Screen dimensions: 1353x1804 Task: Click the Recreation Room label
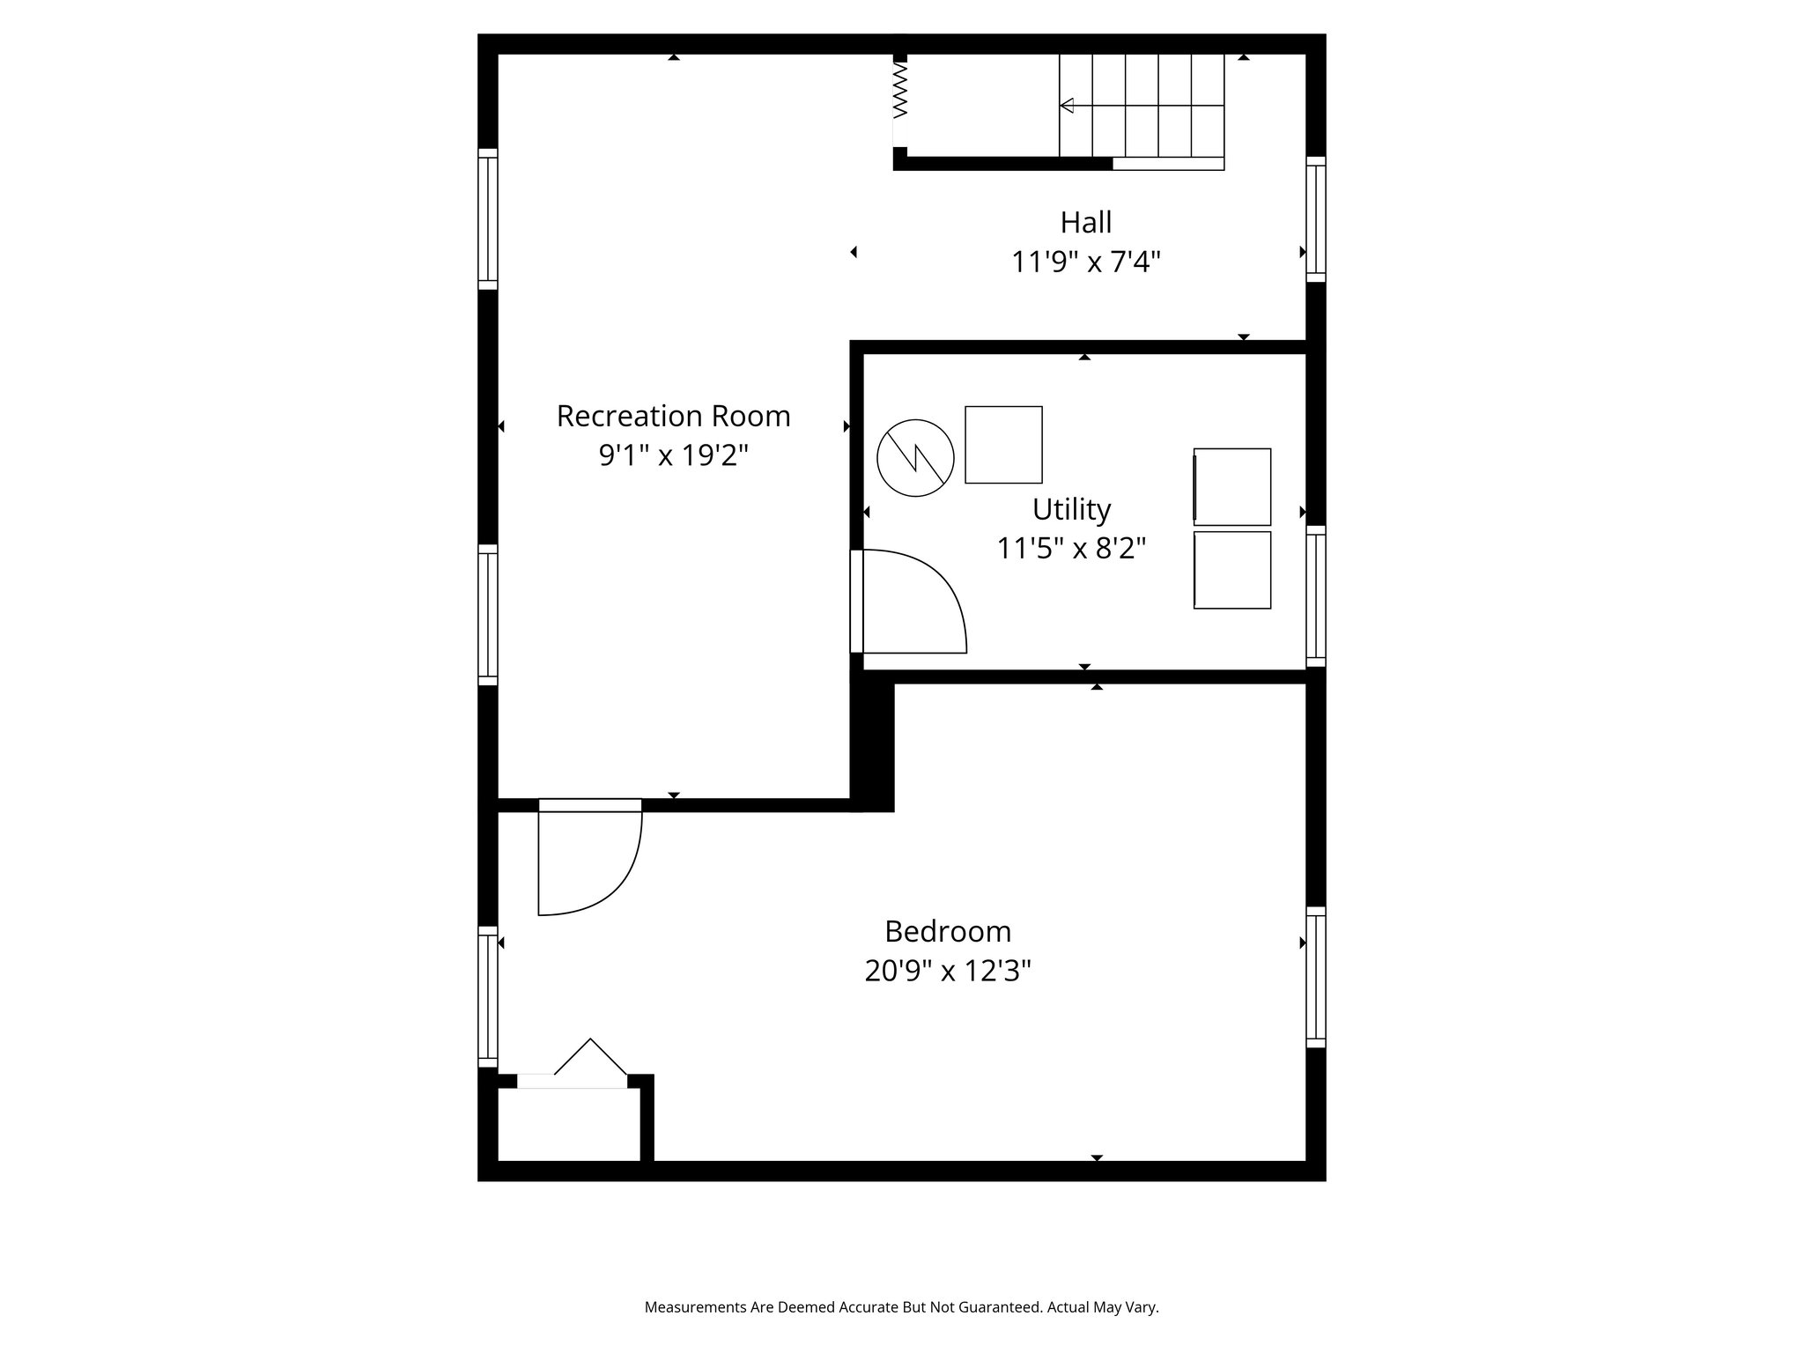click(673, 416)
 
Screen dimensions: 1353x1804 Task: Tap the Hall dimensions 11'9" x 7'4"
click(1085, 262)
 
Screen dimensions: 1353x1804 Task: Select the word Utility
click(1071, 509)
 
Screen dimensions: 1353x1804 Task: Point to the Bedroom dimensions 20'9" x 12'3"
click(947, 971)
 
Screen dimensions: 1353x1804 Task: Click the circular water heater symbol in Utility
click(915, 458)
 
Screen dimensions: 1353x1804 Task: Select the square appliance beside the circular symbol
click(1003, 445)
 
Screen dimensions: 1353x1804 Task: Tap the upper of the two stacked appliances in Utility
click(1232, 487)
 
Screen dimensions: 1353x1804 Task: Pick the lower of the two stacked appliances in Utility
click(1232, 570)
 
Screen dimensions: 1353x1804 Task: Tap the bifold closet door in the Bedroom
click(588, 1062)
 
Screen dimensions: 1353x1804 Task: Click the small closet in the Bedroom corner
click(568, 1125)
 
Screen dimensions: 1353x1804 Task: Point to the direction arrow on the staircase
click(1068, 106)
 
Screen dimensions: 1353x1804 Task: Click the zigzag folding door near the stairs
click(899, 100)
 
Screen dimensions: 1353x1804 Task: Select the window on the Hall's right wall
click(1315, 219)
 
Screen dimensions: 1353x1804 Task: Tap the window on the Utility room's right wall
click(1315, 596)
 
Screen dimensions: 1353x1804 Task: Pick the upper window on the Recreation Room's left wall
click(488, 218)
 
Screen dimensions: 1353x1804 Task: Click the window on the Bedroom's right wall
click(1315, 977)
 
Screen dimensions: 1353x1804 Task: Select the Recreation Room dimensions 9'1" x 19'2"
click(673, 455)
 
